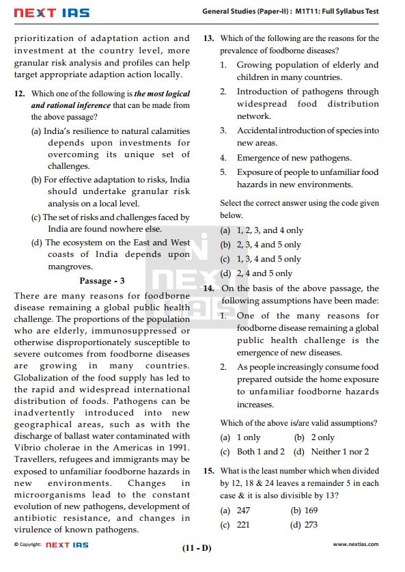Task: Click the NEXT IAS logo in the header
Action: [x=52, y=12]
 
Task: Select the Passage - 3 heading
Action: [x=102, y=281]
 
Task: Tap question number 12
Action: [x=21, y=94]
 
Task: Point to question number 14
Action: [x=209, y=289]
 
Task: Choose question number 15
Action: [x=209, y=472]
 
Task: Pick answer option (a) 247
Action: [x=235, y=510]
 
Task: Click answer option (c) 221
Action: [x=235, y=525]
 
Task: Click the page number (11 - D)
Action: [x=197, y=548]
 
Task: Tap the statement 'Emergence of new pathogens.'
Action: [x=294, y=158]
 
